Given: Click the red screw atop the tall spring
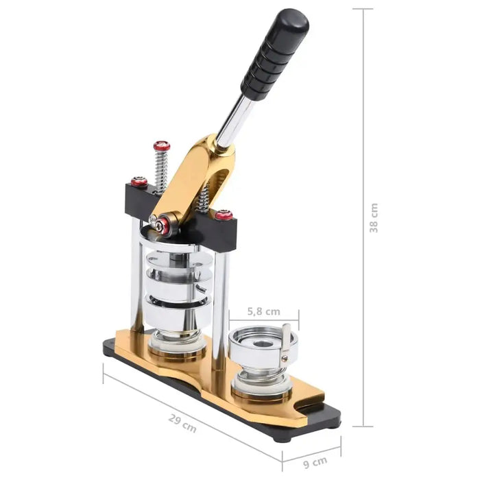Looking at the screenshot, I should [x=161, y=146].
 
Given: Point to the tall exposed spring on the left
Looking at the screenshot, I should [x=161, y=171].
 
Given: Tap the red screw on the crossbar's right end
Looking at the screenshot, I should [x=224, y=215].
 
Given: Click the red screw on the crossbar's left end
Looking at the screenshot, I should [x=139, y=182].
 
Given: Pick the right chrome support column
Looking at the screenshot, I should [x=219, y=302].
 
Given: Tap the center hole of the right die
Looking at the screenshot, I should [x=262, y=341].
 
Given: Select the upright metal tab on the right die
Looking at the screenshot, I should [x=285, y=346].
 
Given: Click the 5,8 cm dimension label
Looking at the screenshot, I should [x=264, y=311].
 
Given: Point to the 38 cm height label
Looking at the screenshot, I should [x=374, y=218].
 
